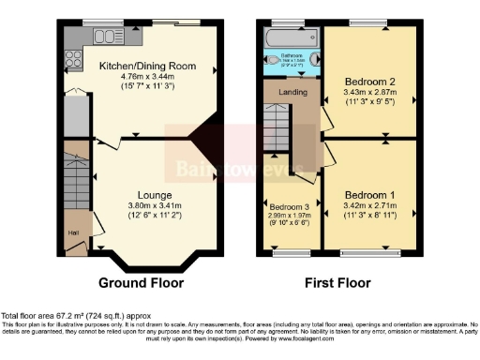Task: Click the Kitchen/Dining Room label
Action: pos(142,66)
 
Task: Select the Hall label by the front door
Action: pos(72,231)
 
